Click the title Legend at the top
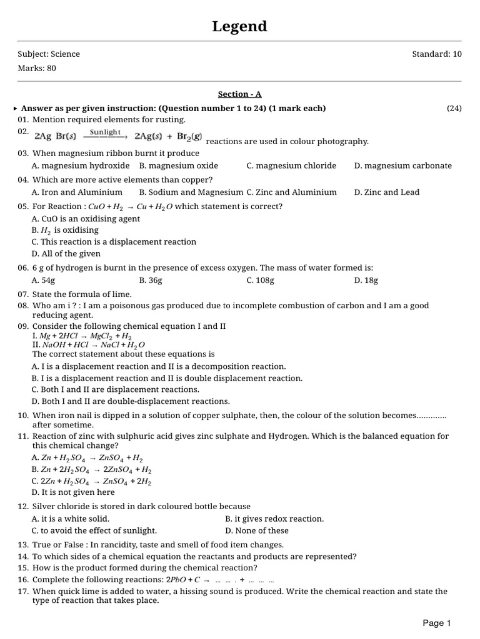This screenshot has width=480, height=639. [239, 26]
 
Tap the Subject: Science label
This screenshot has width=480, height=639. [49, 54]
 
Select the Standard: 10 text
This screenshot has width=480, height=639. [436, 54]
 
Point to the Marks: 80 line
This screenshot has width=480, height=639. [37, 68]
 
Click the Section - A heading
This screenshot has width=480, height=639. [239, 94]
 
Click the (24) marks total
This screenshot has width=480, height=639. [454, 108]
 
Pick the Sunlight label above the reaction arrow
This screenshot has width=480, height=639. [105, 132]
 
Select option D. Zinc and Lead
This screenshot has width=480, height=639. [386, 192]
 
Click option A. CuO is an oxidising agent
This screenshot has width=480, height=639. [86, 219]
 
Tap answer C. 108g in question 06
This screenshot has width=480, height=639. [260, 280]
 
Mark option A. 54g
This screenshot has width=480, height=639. [44, 280]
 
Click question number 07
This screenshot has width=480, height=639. [23, 294]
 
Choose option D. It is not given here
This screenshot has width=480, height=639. [73, 492]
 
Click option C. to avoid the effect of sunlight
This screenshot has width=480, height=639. [94, 530]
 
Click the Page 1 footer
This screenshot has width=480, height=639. [436, 623]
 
